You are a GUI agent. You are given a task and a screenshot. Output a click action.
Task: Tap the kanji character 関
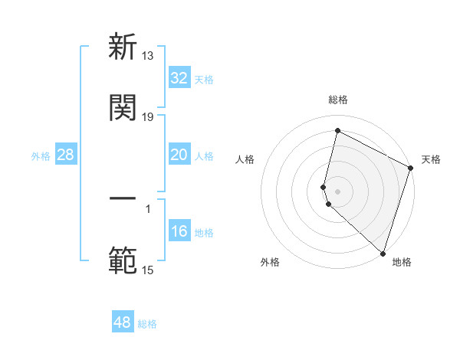click(123, 108)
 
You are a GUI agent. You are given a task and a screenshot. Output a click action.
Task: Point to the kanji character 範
click(123, 260)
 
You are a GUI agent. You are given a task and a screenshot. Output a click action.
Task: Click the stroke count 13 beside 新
click(148, 55)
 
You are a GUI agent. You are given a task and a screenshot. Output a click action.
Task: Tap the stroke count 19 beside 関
click(148, 116)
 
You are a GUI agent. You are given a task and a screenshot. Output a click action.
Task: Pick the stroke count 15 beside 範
click(148, 270)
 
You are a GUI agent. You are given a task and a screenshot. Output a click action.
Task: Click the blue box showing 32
click(179, 78)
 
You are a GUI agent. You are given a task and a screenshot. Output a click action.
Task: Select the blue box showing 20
click(179, 155)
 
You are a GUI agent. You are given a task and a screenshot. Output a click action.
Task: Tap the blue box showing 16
click(179, 231)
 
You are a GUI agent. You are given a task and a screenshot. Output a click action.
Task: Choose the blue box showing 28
click(66, 155)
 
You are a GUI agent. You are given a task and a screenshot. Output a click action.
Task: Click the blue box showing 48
click(123, 322)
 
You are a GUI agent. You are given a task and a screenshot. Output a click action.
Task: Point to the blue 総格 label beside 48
click(147, 324)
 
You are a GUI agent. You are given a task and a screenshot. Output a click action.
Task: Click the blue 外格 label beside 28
click(41, 156)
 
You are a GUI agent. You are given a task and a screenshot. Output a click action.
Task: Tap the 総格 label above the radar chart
click(338, 100)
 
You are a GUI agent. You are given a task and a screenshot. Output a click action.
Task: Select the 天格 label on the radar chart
click(431, 159)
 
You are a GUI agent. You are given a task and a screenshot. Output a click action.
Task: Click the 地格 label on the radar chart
click(402, 263)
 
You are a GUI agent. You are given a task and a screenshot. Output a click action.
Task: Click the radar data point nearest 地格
click(383, 253)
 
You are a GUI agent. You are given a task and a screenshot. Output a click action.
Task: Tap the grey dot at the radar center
click(338, 191)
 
